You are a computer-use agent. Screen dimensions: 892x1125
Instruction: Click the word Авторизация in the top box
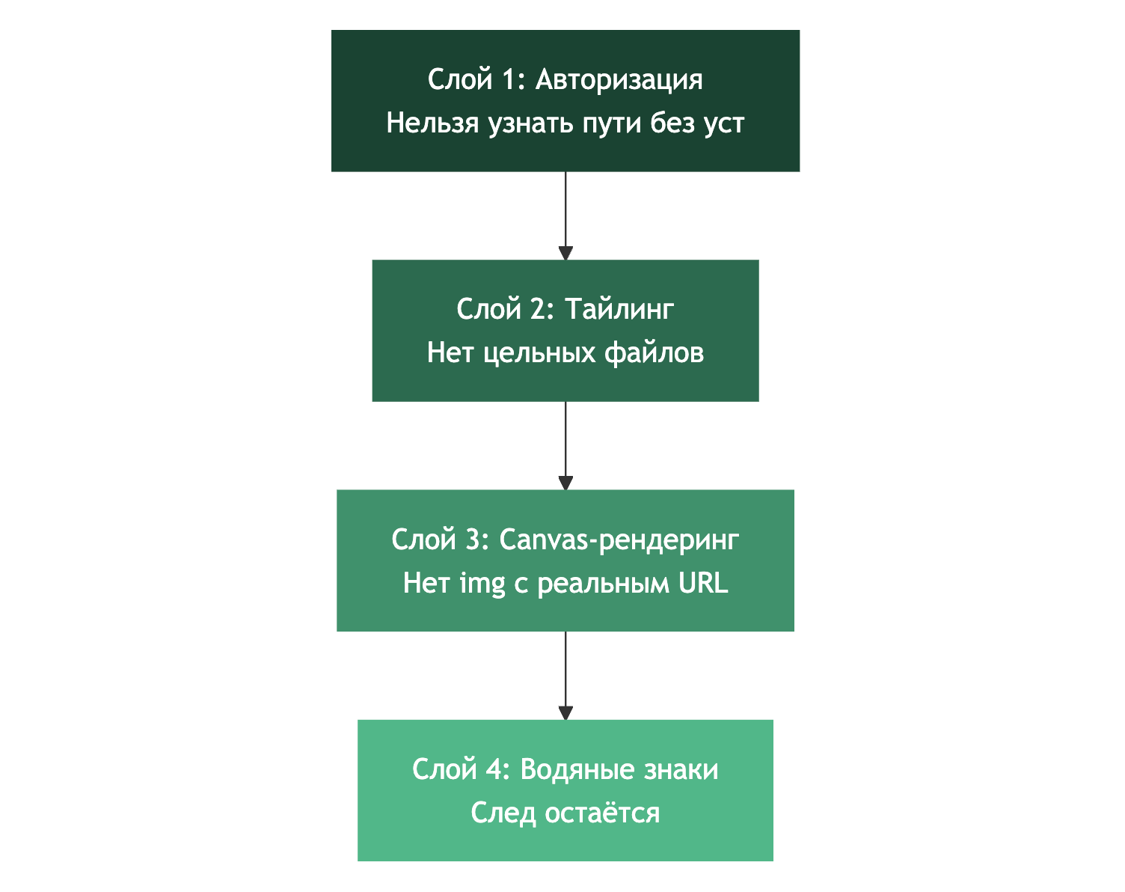(619, 79)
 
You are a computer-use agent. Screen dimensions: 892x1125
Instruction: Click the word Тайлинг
(619, 309)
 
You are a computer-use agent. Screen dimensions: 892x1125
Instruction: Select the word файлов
(654, 352)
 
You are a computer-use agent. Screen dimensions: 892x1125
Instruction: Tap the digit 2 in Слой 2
(539, 309)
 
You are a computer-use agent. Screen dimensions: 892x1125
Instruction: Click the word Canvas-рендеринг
(619, 539)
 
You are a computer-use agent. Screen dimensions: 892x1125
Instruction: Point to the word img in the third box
(482, 583)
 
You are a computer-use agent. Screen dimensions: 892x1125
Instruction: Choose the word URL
(703, 582)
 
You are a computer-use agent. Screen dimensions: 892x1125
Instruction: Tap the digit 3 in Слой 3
(473, 539)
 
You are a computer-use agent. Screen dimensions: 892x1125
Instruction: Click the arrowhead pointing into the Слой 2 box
(565, 254)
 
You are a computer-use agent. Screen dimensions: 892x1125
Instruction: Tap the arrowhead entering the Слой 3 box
(565, 483)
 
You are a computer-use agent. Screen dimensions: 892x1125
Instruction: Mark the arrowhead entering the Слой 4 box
(565, 713)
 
